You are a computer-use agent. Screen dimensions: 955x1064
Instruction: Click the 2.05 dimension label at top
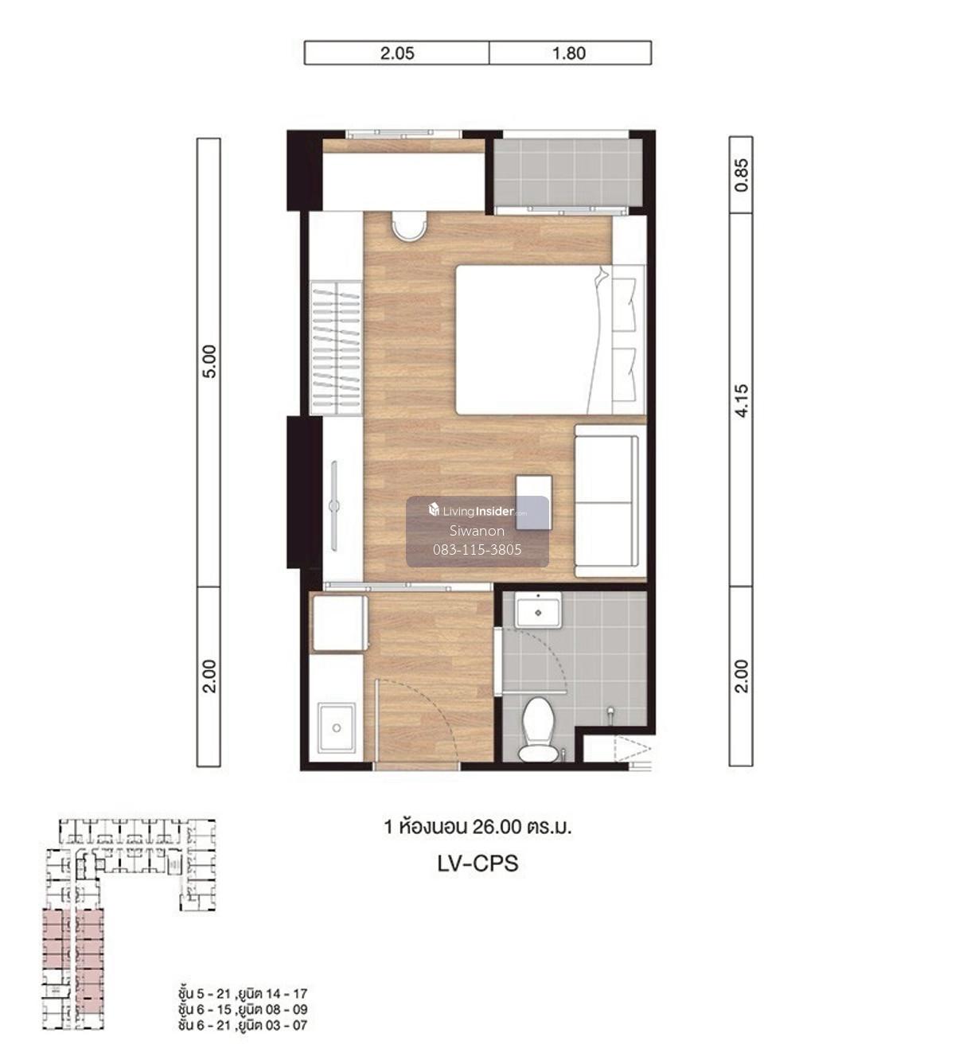[x=397, y=53]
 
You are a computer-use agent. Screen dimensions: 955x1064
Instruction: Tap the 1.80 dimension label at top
[x=569, y=53]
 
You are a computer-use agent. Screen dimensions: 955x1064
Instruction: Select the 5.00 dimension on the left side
[x=209, y=361]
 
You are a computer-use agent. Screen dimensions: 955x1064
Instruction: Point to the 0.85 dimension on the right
[x=741, y=175]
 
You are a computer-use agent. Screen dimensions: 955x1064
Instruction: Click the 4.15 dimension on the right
[x=741, y=401]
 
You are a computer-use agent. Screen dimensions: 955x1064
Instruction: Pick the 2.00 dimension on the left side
[x=209, y=676]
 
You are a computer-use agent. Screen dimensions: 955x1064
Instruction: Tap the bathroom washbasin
[x=538, y=610]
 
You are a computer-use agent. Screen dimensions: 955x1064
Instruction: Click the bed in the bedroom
[x=550, y=340]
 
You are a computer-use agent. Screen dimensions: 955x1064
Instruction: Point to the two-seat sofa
[x=610, y=501]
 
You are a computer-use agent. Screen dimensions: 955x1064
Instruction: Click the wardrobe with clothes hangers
[x=336, y=348]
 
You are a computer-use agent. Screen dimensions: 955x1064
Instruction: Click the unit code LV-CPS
[x=477, y=863]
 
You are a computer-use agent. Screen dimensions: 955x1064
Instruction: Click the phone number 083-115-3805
[x=477, y=549]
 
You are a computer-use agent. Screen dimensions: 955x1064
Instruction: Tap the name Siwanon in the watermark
[x=477, y=531]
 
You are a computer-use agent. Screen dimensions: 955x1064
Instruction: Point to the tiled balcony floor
[x=568, y=173]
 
